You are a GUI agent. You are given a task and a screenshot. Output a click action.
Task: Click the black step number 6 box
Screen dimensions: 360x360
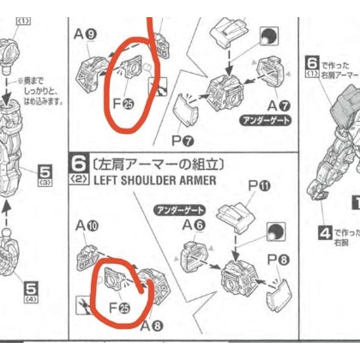click(x=77, y=164)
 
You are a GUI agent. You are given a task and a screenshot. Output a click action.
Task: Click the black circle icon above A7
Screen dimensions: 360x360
click(x=269, y=38)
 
